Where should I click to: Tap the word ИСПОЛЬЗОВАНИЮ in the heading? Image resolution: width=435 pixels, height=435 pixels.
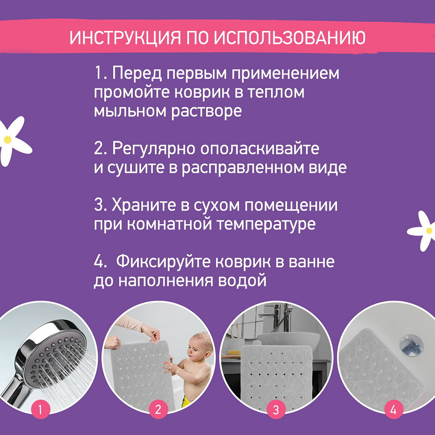[x=289, y=37]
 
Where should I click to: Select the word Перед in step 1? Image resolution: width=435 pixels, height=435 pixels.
[x=137, y=74]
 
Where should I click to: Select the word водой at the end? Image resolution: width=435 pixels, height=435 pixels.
[x=242, y=281]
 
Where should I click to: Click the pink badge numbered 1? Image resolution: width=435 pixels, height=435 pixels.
[x=40, y=409]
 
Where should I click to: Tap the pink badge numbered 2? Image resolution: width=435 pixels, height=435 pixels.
[x=158, y=409]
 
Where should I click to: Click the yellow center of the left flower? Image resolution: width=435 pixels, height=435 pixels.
[x=8, y=140]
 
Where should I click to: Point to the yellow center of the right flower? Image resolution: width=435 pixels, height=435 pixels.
[x=429, y=231]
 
